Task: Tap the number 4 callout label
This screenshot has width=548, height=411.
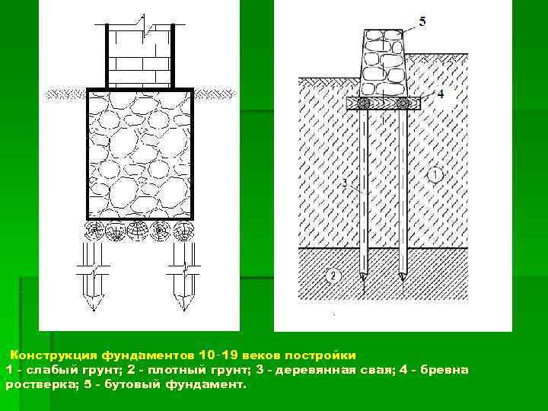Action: [x=441, y=94]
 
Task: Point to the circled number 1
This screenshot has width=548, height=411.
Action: [x=435, y=174]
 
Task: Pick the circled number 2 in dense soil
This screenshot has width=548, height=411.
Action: [x=333, y=276]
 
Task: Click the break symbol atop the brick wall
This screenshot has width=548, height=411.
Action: [x=142, y=23]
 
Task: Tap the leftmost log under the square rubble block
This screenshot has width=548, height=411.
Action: [x=95, y=231]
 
